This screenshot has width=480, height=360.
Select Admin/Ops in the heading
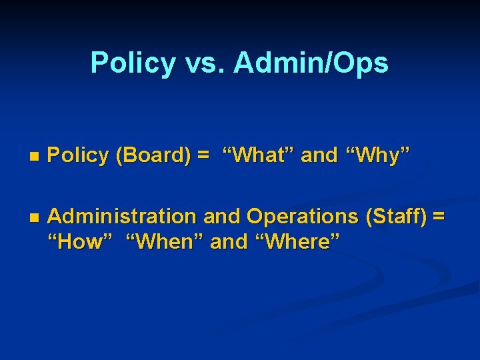pos(311,63)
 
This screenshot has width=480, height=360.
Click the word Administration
pos(122,217)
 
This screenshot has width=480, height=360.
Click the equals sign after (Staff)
pos(438,217)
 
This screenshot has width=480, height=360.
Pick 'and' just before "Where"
pos(228,241)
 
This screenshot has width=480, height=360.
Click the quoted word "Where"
pos(296,241)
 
